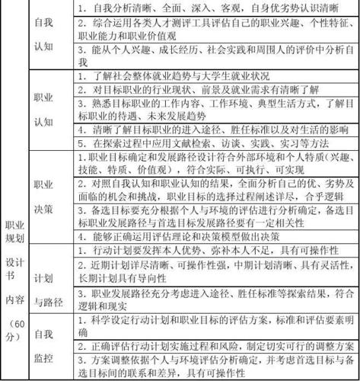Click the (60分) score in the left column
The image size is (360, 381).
[x=14, y=333]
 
